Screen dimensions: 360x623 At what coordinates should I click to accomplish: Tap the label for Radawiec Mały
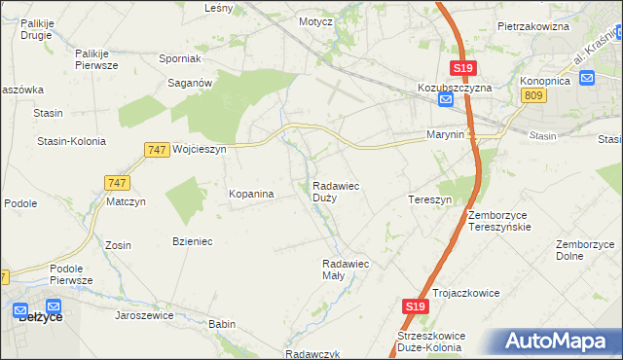346,269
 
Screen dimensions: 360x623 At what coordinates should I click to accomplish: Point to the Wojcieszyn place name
199,150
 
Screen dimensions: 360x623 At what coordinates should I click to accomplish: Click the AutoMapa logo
556,342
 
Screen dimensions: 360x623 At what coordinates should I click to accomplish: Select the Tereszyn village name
429,199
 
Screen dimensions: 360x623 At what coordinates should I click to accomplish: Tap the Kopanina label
251,194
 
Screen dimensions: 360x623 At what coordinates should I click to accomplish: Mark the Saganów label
191,84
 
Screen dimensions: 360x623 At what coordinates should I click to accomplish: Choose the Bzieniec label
193,240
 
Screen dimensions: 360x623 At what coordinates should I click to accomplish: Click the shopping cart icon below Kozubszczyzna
445,100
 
